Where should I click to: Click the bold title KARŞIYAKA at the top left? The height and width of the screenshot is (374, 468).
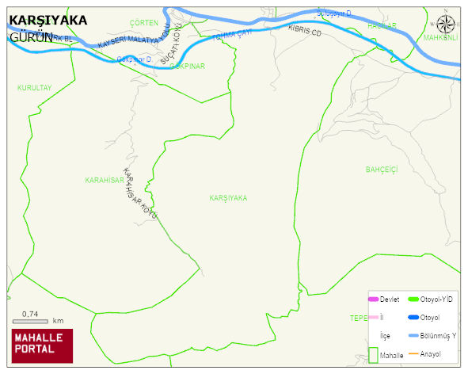(48, 21)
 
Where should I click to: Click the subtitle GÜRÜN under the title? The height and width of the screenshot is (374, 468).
(30, 36)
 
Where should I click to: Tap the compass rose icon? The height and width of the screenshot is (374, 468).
(447, 25)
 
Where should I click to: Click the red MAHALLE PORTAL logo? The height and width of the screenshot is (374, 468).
(42, 345)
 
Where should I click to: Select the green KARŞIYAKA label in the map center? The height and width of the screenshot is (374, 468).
(228, 197)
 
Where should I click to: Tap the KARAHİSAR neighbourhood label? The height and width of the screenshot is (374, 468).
(105, 180)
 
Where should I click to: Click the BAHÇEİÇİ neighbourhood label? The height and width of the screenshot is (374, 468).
(381, 170)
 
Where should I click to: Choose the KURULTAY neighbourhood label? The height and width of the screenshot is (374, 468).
(34, 88)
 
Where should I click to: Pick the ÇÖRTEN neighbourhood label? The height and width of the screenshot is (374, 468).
(143, 23)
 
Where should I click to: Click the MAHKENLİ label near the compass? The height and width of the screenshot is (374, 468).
(441, 37)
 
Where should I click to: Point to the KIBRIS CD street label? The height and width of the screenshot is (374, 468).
(305, 32)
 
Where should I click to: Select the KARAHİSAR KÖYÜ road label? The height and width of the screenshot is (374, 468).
(140, 195)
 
